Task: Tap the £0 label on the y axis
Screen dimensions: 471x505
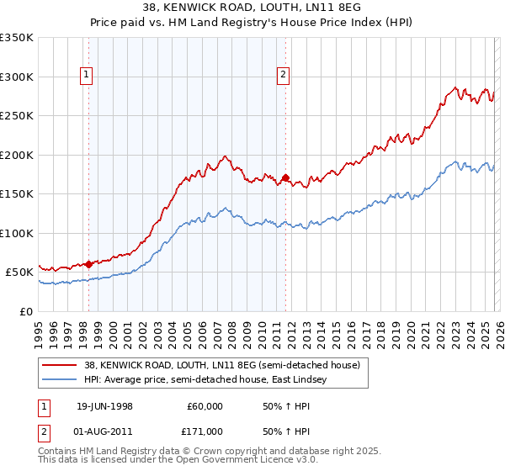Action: click(27, 311)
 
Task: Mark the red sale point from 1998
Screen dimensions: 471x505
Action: click(89, 264)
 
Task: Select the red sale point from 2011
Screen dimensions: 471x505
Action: click(285, 177)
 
